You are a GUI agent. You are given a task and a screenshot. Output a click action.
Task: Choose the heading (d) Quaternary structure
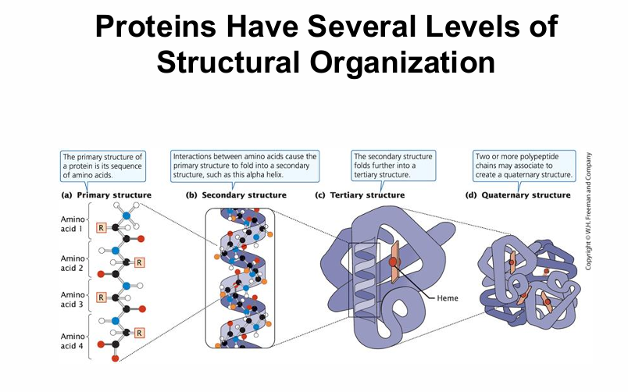526,194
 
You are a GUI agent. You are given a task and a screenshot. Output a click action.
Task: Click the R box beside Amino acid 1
102,228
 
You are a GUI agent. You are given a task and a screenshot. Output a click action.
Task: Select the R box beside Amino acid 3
102,298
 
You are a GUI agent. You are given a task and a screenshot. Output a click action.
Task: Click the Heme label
448,298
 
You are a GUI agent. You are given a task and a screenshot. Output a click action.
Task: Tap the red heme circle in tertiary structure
393,262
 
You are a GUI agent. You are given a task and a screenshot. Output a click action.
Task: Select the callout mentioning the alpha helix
244,166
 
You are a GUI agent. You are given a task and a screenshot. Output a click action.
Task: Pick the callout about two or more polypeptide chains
524,166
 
